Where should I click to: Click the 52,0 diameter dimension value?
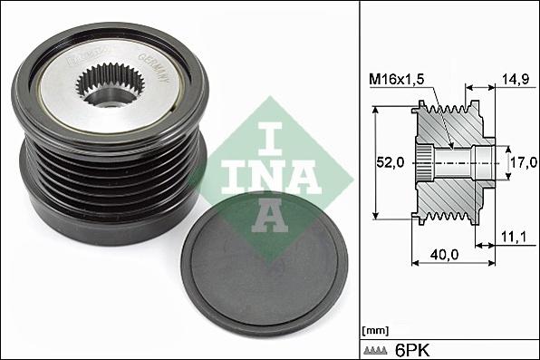391,163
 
